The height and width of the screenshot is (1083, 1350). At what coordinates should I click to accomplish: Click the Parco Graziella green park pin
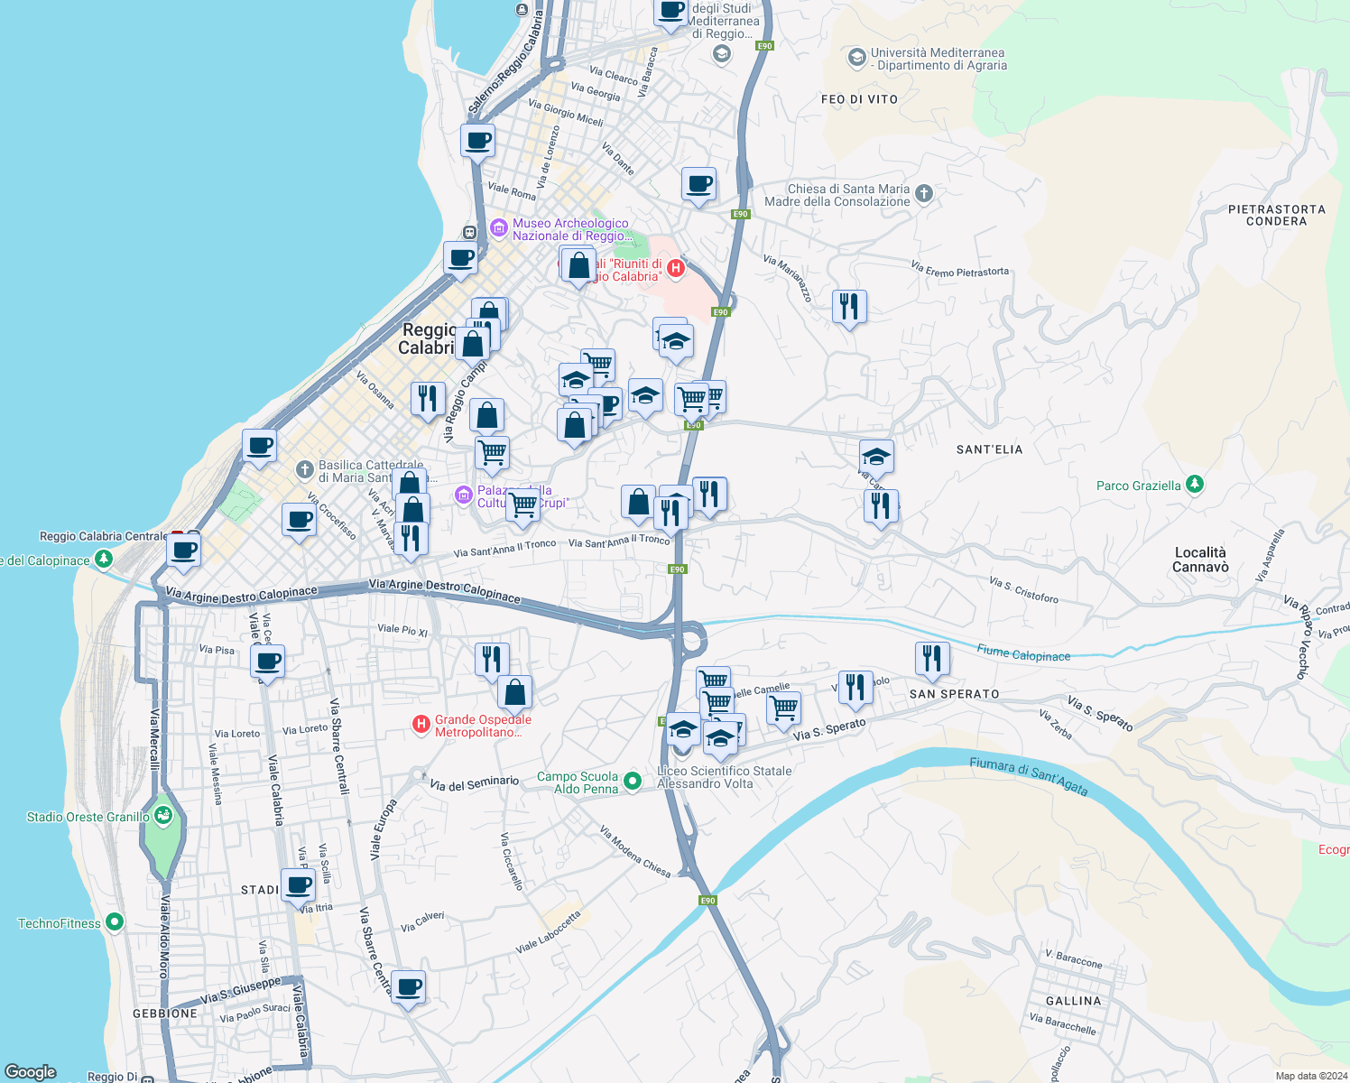click(1195, 485)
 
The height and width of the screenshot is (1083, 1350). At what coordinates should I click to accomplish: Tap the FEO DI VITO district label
click(859, 99)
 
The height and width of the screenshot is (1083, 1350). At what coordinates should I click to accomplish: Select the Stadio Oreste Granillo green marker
click(163, 817)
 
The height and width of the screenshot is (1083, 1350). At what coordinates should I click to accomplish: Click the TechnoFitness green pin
click(115, 922)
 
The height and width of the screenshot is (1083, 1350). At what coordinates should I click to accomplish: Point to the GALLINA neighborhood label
click(1073, 1001)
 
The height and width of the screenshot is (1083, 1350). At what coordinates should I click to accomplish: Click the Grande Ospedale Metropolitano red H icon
click(421, 725)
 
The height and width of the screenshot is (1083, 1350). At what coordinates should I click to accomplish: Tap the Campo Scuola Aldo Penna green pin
click(633, 782)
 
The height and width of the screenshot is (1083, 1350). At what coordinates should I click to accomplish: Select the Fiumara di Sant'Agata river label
click(1028, 775)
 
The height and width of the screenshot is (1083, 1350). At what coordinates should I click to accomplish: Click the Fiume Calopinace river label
click(1023, 653)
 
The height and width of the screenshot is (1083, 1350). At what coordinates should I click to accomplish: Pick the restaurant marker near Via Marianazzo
click(848, 307)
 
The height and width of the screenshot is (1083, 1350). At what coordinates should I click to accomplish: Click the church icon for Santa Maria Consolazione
click(923, 193)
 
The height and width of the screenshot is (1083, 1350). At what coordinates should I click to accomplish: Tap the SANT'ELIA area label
click(989, 449)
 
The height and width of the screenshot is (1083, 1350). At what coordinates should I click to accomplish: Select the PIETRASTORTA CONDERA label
click(1276, 215)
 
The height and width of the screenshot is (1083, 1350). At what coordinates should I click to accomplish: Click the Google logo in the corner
click(31, 1072)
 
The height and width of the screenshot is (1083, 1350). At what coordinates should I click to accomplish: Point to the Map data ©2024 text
click(1308, 1076)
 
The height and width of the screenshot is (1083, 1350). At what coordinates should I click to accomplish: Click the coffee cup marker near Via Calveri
click(408, 986)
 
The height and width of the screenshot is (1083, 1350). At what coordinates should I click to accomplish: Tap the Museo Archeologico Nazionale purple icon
click(499, 229)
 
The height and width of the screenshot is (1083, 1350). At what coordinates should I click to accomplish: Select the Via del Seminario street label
click(474, 783)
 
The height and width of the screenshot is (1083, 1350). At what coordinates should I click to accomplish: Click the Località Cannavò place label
click(1200, 560)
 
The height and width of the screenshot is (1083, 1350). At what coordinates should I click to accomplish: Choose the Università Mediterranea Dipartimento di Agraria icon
click(856, 59)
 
